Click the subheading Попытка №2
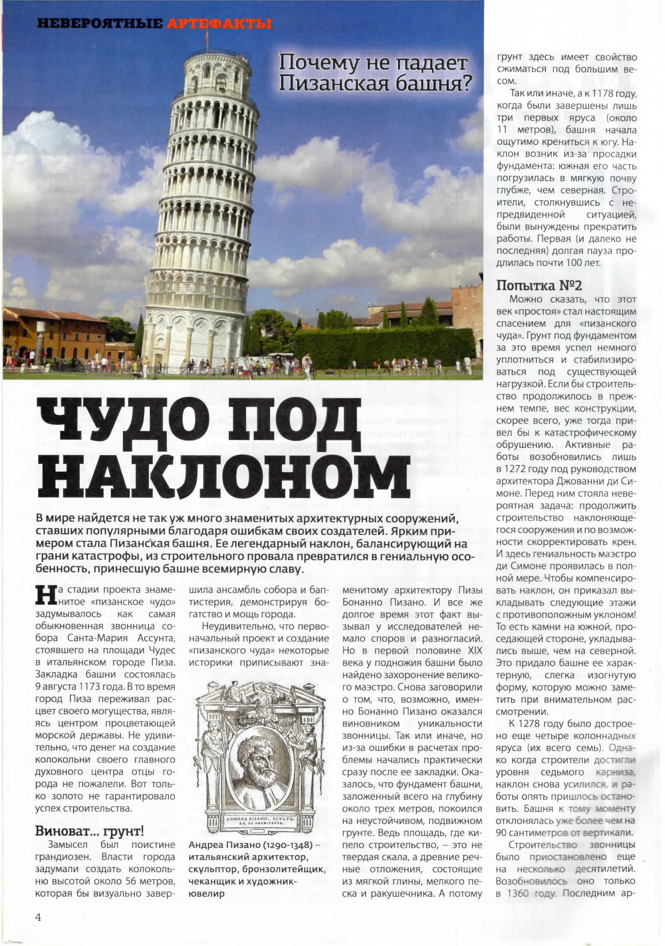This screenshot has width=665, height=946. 539,285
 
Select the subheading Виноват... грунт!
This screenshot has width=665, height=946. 89,831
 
